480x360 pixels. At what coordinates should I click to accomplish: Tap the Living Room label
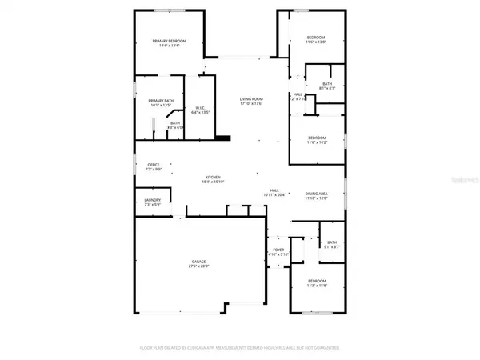click(252, 98)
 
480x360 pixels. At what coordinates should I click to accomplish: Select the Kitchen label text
click(214, 177)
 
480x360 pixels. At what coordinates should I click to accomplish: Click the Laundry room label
click(152, 200)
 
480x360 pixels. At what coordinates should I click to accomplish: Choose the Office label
click(153, 165)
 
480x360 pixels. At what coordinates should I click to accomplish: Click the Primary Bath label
click(161, 101)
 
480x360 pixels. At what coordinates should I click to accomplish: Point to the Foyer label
click(278, 250)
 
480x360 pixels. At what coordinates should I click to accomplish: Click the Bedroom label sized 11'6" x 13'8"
click(316, 38)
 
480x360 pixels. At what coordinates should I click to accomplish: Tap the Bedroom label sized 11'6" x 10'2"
click(317, 137)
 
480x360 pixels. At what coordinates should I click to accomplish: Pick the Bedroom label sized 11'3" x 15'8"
click(318, 281)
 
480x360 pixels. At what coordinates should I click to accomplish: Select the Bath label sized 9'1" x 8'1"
click(327, 83)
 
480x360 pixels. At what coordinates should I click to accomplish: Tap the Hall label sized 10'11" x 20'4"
click(274, 190)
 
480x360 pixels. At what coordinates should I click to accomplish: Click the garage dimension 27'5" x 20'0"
click(198, 266)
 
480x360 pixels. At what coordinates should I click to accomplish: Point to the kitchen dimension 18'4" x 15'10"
click(214, 182)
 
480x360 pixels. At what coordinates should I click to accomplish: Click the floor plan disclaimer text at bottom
click(239, 348)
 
